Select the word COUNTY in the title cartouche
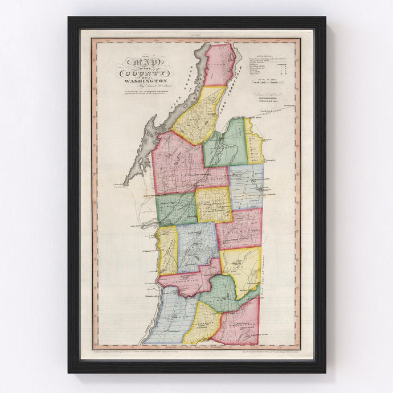[x=143, y=74]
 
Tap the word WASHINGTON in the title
[x=143, y=82]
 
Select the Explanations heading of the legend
[x=264, y=57]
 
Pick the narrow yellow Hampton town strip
[x=255, y=142]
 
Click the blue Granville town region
[x=246, y=185]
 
